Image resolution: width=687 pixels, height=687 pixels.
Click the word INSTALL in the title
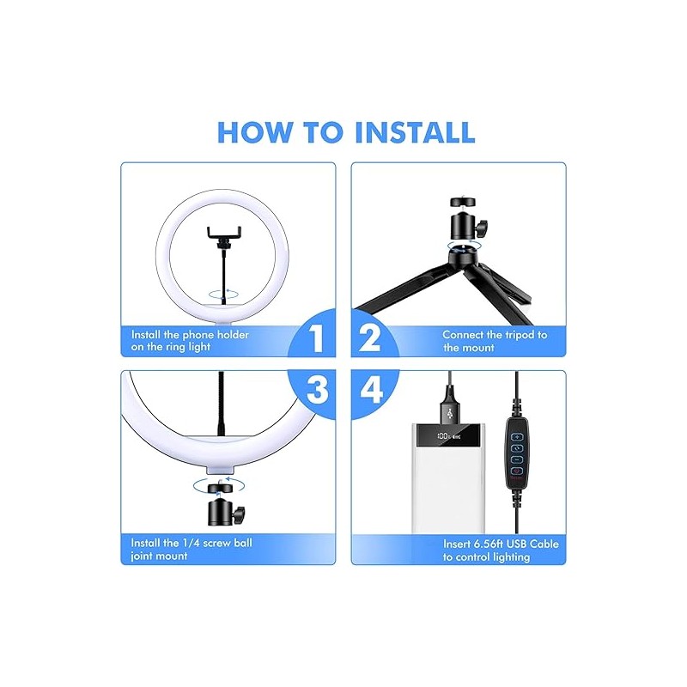point(415,132)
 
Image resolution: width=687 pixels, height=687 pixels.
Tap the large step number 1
point(316,337)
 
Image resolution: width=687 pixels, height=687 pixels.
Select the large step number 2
point(369,337)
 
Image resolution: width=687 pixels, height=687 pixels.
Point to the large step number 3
point(317,390)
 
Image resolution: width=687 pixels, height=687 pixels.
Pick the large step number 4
point(372,389)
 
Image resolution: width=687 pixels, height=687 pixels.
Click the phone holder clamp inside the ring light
point(224,234)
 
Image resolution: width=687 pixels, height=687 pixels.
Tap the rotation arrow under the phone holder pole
point(224,295)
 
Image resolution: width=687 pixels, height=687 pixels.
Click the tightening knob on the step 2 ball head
point(483,228)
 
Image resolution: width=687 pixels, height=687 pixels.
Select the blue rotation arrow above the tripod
point(462,246)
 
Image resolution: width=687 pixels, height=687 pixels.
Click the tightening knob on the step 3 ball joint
point(240,513)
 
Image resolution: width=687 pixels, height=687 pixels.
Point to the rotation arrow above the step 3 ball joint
point(219,484)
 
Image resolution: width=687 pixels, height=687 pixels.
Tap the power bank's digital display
point(448,436)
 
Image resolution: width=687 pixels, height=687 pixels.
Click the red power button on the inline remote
point(517,471)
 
